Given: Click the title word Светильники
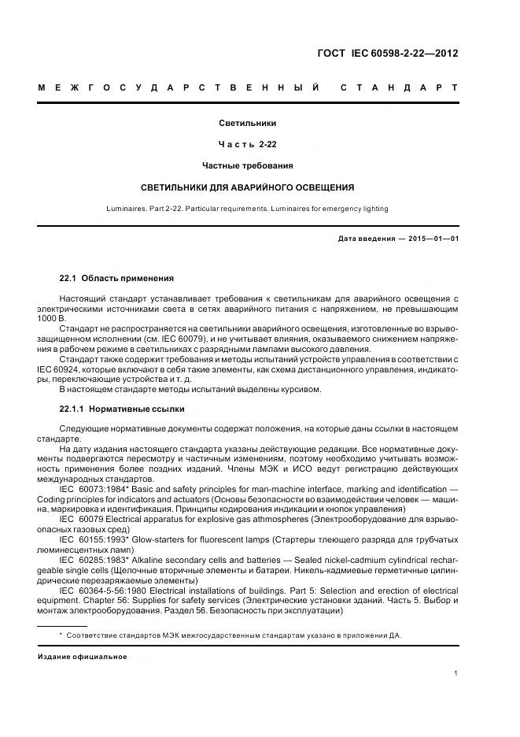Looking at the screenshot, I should point(247,123).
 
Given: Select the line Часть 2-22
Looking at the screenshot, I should point(247,144).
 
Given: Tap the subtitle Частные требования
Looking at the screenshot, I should point(247,165).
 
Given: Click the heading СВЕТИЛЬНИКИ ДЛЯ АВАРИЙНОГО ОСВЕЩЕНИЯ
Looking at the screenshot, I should point(247,187).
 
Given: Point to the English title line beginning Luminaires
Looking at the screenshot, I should point(247,209).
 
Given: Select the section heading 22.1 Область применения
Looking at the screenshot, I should point(116,279).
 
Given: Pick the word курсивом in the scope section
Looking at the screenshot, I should point(301,389).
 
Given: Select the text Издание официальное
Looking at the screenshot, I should point(83,656).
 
